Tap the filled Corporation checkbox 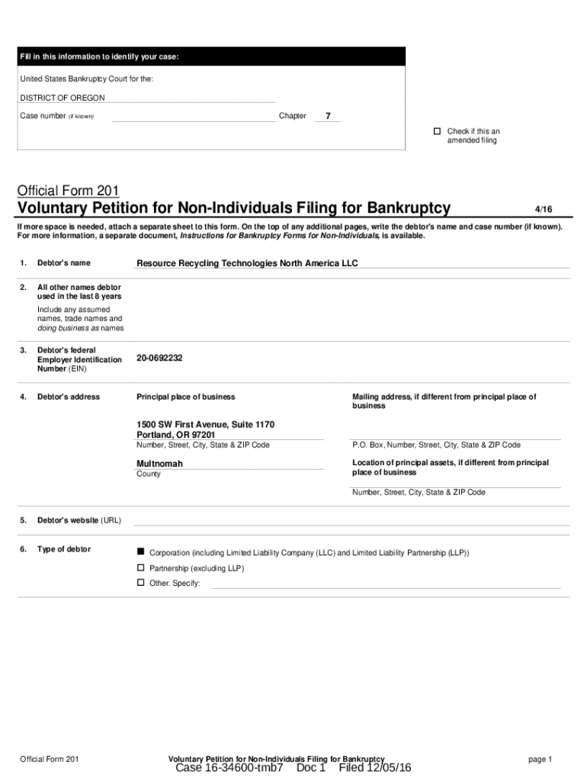[x=140, y=551]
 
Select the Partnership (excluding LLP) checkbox [x=140, y=568]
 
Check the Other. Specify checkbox [x=140, y=583]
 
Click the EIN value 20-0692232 [x=159, y=358]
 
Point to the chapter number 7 [x=328, y=117]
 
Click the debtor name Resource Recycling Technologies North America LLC [x=246, y=263]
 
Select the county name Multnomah [x=159, y=464]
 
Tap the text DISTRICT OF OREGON [x=63, y=98]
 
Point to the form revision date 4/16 [x=543, y=208]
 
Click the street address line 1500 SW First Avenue [x=205, y=424]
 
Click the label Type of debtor [x=64, y=549]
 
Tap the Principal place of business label [x=185, y=397]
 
